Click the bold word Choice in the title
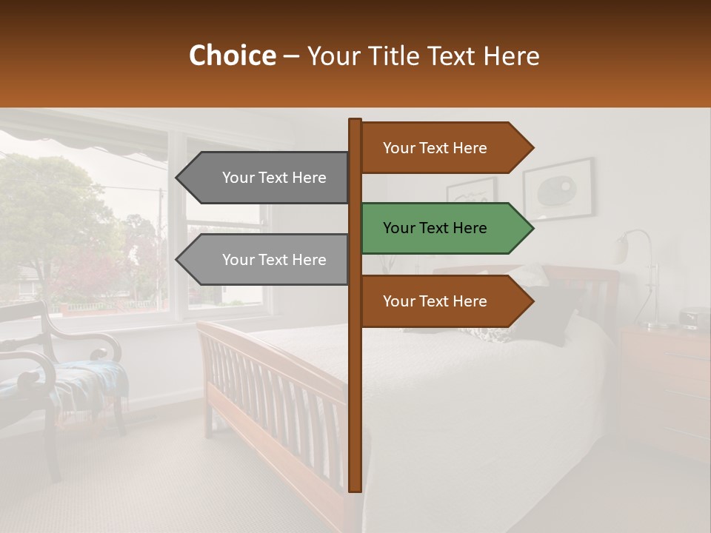tap(232, 56)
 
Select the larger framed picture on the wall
tap(558, 190)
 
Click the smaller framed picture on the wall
tap(471, 194)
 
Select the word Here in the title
tap(514, 56)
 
